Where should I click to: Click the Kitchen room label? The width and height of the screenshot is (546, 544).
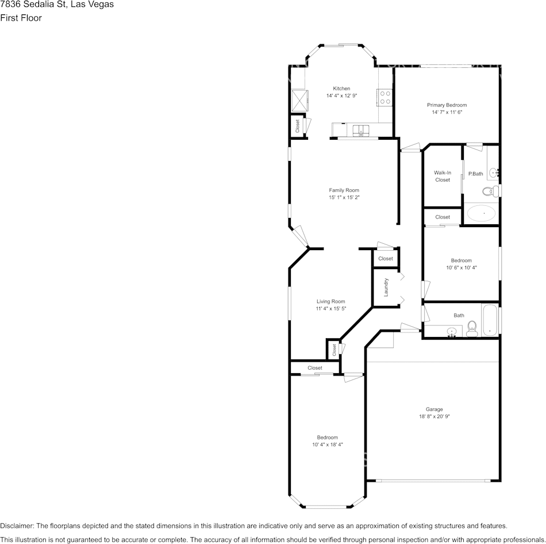(341, 89)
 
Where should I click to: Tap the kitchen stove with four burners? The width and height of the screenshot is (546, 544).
(384, 98)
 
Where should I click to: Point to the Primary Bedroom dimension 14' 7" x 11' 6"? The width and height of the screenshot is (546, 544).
(447, 112)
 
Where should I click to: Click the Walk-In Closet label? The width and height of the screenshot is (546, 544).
(443, 177)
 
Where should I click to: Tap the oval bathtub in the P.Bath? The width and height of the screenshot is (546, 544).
(481, 213)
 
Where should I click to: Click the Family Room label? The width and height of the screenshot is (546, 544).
(344, 190)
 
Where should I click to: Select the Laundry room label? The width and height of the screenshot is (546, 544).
(386, 287)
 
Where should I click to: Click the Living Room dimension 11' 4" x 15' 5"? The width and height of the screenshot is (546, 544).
(331, 309)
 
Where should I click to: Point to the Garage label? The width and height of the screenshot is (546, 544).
(435, 409)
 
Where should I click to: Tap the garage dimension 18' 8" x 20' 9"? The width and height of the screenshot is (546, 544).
(435, 416)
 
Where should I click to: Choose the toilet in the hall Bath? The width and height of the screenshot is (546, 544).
(472, 329)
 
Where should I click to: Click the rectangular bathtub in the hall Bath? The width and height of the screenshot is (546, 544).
(490, 320)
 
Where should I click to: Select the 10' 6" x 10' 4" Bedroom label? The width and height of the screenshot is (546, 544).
(462, 260)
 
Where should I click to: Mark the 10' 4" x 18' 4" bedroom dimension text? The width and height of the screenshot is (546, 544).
(328, 445)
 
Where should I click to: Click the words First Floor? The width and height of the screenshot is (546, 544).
(21, 18)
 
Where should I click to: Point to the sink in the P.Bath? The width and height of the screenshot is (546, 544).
(494, 172)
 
